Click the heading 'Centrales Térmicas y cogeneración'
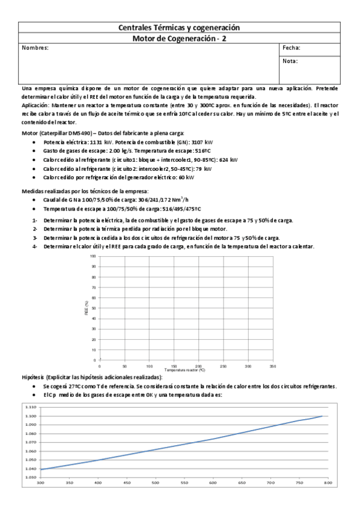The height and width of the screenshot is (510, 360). [179, 28]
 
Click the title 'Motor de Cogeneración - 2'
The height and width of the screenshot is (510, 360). [179, 38]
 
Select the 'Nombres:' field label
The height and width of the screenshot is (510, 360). [35, 48]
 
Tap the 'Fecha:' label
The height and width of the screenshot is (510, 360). [291, 48]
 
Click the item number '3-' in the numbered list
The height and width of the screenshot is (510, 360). [35, 238]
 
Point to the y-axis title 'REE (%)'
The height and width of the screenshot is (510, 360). [87, 307]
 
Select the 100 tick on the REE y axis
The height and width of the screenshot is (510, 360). [93, 256]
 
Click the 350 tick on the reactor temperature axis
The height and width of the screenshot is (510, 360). [273, 366]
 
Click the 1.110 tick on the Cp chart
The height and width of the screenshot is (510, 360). [31, 407]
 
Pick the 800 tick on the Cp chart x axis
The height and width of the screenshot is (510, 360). [329, 482]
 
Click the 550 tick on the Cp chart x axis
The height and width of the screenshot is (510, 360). [184, 482]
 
